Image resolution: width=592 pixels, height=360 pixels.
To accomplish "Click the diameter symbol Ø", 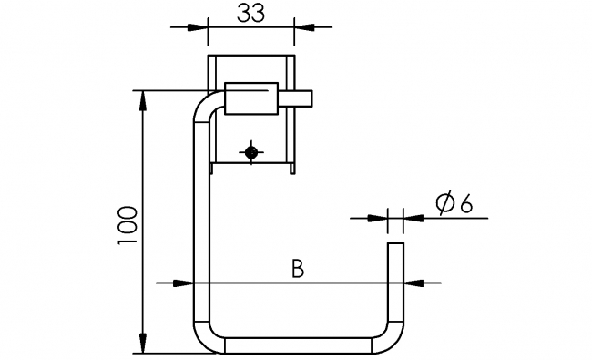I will coord(445,204).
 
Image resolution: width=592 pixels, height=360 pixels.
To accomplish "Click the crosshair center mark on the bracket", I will coord(251,151).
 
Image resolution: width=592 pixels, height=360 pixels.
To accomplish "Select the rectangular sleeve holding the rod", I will coord(250,98).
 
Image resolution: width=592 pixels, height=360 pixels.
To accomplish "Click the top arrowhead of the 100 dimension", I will coord(142,98).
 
